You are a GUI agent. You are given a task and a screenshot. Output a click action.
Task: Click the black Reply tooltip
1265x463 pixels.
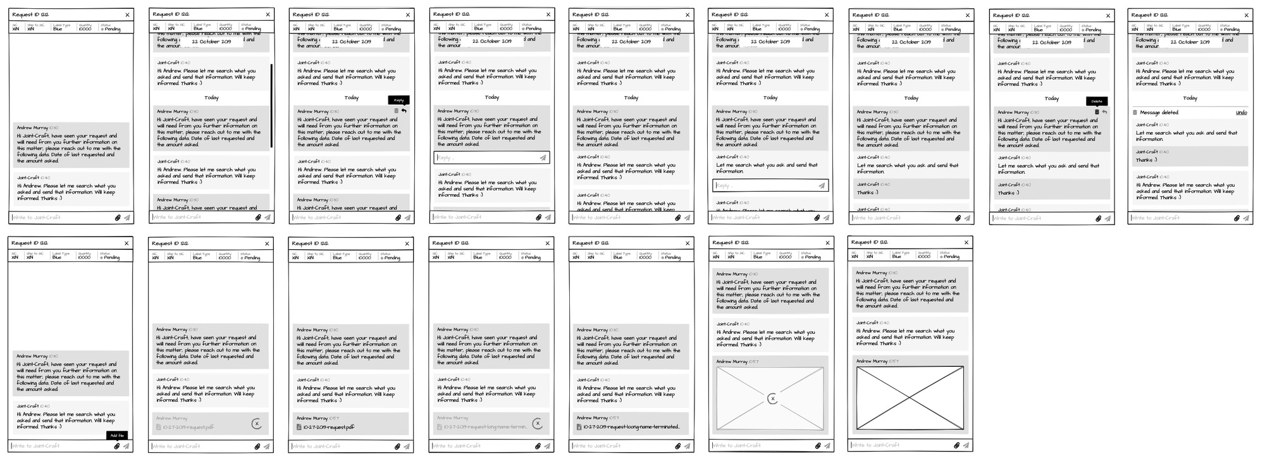pyautogui.click(x=398, y=100)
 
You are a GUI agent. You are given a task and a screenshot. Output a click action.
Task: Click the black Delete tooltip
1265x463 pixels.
pyautogui.click(x=1097, y=101)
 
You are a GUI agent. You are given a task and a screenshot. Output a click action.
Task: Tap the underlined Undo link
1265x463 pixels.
pyautogui.click(x=1241, y=113)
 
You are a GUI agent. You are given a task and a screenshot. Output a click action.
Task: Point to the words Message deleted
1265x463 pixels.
pyautogui.click(x=1159, y=113)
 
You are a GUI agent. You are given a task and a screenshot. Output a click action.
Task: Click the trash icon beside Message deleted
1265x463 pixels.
pyautogui.click(x=1135, y=113)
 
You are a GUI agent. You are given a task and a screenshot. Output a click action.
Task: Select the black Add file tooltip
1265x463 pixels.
pyautogui.click(x=117, y=435)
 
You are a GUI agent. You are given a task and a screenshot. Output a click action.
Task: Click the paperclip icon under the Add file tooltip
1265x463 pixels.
pyautogui.click(x=117, y=446)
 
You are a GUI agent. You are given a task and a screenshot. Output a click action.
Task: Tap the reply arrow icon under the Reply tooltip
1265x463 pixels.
pyautogui.click(x=404, y=111)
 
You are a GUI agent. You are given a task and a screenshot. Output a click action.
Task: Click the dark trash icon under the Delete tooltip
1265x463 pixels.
pyautogui.click(x=1097, y=112)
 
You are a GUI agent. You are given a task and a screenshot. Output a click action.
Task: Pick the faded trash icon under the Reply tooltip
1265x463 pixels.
pyautogui.click(x=397, y=111)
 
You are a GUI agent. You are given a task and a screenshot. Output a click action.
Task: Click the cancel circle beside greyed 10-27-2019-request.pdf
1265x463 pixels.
pyautogui.click(x=256, y=424)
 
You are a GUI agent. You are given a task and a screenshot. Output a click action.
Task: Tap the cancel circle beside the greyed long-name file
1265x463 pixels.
pyautogui.click(x=537, y=424)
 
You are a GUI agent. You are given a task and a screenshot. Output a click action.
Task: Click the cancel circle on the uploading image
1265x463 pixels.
pyautogui.click(x=772, y=398)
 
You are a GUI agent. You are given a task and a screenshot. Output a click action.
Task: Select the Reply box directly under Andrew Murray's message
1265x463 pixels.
pyautogui.click(x=491, y=157)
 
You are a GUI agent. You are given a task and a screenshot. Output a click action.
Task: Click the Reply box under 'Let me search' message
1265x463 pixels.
pyautogui.click(x=770, y=185)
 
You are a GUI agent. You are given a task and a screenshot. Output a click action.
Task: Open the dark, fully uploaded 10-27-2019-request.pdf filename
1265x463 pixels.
pyautogui.click(x=328, y=428)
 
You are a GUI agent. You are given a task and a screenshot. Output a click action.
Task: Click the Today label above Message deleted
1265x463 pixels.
pyautogui.click(x=1190, y=98)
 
